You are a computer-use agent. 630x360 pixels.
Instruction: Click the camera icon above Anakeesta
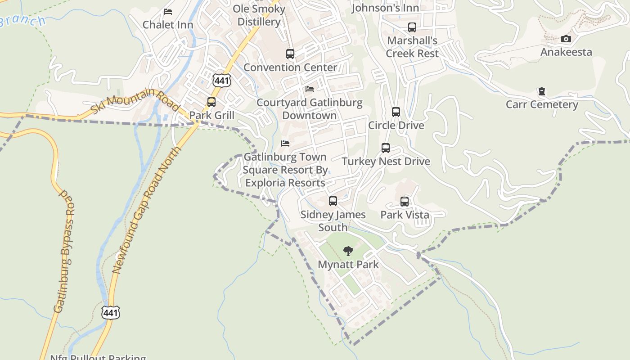tap(566, 39)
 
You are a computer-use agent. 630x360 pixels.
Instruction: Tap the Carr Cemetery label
tap(542, 104)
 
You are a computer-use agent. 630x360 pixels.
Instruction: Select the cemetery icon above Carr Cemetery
tap(542, 92)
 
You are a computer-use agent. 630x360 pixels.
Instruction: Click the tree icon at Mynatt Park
tap(348, 251)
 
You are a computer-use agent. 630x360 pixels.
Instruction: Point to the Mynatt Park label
tap(348, 264)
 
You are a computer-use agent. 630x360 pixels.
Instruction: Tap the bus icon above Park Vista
tap(405, 201)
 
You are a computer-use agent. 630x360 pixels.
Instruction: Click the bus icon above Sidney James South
tap(333, 201)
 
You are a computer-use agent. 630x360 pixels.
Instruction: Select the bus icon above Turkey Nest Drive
tap(386, 148)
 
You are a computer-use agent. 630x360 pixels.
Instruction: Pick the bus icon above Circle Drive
tap(396, 112)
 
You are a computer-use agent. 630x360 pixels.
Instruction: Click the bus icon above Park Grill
tap(211, 102)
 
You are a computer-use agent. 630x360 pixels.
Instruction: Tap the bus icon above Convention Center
tap(290, 54)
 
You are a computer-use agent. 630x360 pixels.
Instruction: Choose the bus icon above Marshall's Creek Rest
tap(412, 27)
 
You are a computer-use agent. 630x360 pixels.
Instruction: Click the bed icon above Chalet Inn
tap(168, 12)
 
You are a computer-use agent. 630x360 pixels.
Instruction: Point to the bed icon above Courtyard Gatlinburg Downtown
tap(310, 89)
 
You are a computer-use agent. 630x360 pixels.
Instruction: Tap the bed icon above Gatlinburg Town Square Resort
tap(285, 144)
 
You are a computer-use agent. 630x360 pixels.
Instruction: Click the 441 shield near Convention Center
tap(222, 81)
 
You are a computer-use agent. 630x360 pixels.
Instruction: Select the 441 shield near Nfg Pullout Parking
tap(111, 312)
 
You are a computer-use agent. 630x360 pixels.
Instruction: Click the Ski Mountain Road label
tap(135, 100)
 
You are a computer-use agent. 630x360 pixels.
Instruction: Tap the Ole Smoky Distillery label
tap(259, 15)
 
